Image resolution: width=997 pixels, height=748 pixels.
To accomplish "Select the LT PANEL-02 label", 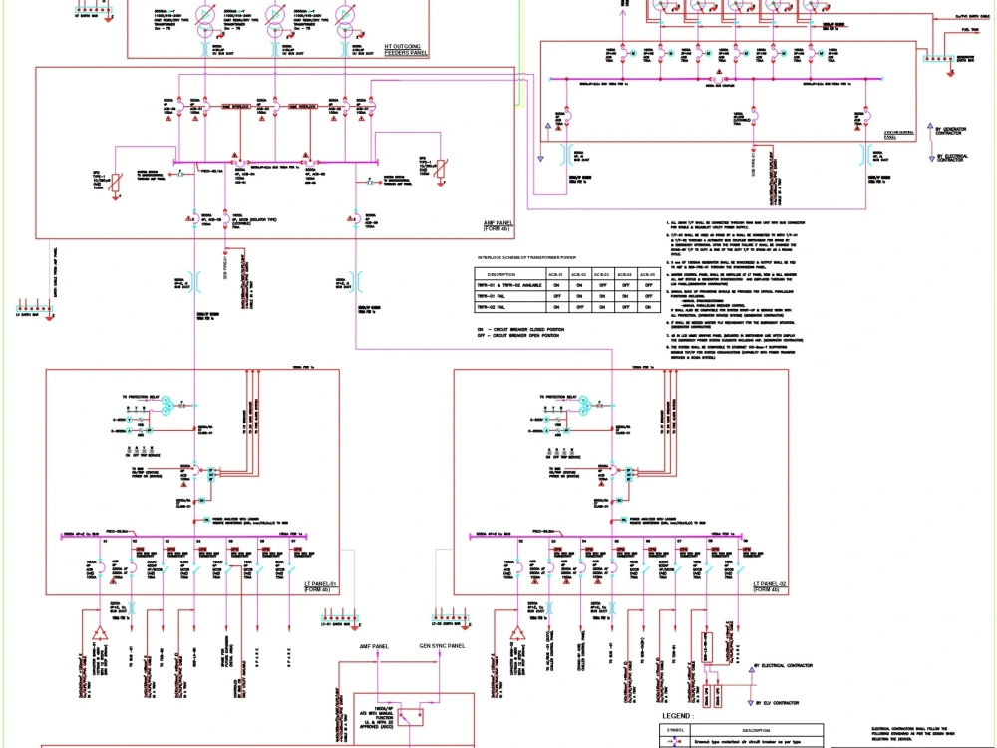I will tap(772, 584).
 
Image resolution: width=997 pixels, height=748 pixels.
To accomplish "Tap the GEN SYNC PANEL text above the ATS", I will tap(442, 647).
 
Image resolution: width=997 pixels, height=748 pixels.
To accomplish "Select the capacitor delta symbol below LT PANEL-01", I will tap(100, 634).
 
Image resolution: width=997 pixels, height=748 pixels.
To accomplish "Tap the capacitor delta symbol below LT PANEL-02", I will tap(517, 634).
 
